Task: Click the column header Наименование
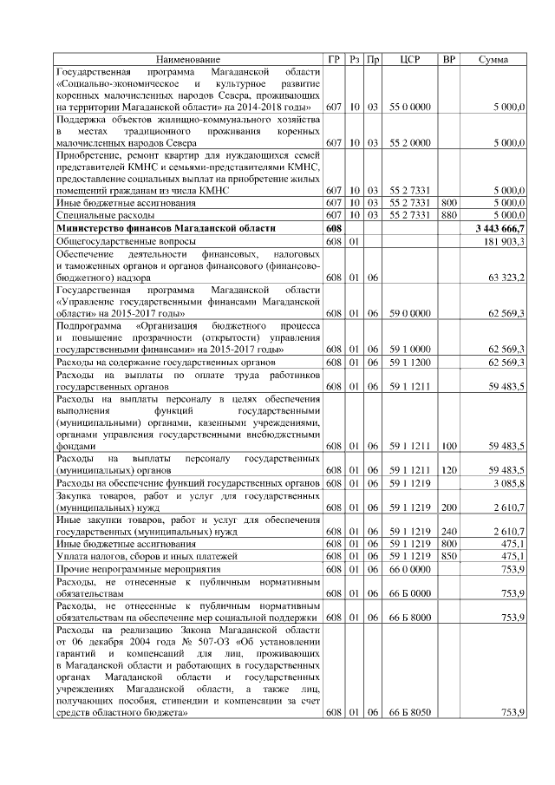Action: [188, 59]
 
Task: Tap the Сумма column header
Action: [493, 59]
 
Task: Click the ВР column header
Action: [448, 59]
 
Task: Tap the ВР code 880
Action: [448, 214]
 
